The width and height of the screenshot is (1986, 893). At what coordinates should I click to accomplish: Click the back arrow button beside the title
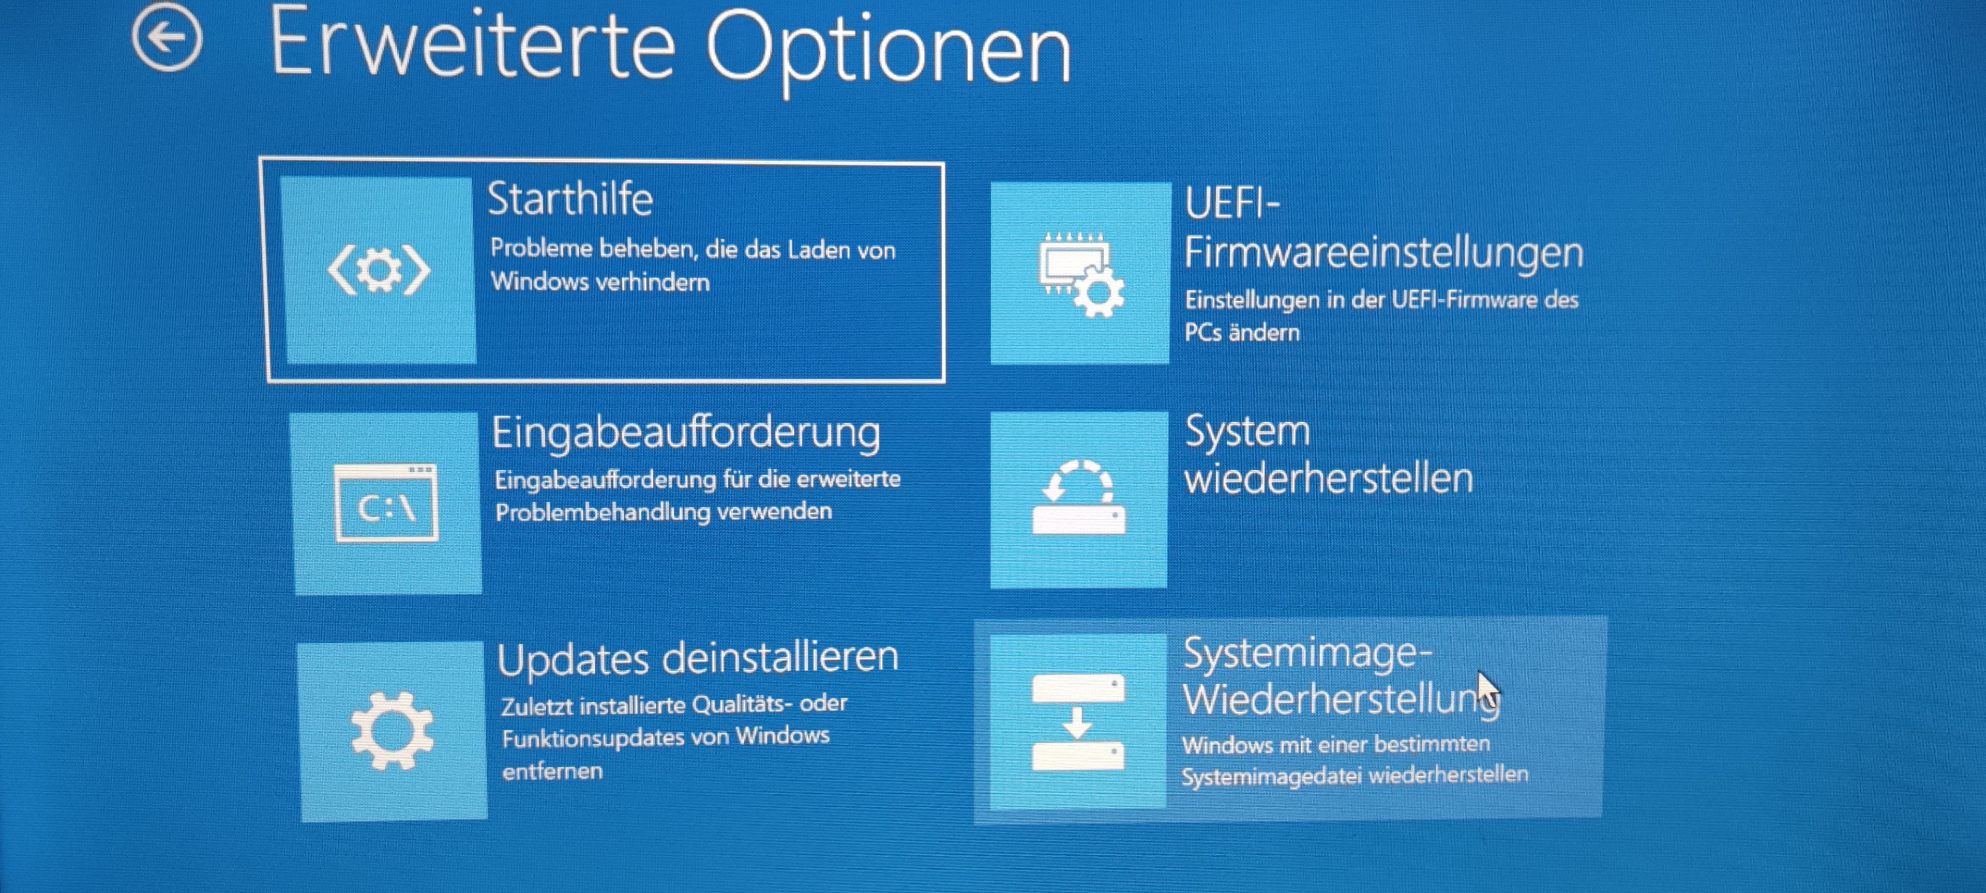[167, 37]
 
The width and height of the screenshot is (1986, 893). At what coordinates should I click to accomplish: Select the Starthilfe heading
[570, 199]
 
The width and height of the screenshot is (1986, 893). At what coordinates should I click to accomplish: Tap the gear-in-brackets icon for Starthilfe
[379, 270]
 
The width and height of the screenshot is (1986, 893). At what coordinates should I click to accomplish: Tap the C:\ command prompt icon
[386, 503]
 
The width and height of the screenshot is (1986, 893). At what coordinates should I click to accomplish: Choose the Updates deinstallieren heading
[698, 659]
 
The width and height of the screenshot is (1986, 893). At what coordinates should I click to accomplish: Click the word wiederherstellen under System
[1328, 479]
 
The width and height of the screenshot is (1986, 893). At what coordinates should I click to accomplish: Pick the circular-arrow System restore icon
[1078, 497]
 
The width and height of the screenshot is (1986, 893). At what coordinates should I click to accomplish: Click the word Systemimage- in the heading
[1307, 653]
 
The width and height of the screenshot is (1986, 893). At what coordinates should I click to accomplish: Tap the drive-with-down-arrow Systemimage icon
[1078, 721]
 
